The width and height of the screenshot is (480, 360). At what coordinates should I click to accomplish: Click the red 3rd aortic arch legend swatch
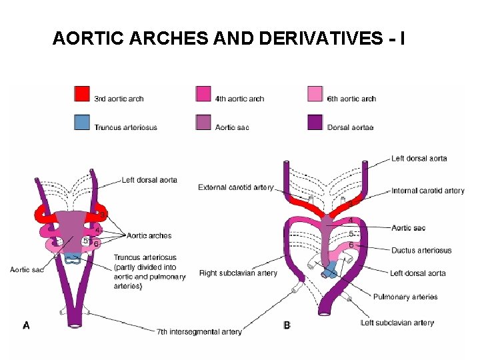83,94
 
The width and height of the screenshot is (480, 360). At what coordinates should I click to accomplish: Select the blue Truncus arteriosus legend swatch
83,123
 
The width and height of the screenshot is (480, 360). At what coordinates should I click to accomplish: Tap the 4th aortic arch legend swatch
204,94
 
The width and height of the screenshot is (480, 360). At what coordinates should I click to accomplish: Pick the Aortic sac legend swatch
204,123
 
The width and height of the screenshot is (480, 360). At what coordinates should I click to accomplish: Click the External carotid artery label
236,187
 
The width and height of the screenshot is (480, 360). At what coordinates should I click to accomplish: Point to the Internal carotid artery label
427,191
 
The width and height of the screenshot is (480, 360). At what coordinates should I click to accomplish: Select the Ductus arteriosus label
421,251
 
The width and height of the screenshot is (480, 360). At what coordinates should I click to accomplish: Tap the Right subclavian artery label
238,273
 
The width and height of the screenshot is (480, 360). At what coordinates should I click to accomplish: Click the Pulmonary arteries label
405,297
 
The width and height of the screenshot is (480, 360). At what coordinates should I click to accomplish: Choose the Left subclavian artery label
397,323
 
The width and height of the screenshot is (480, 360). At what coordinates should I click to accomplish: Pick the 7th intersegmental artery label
199,331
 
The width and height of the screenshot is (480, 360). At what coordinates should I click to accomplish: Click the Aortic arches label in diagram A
149,235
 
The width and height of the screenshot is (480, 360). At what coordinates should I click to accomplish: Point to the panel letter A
27,325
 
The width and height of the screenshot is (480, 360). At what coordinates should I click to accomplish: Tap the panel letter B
287,325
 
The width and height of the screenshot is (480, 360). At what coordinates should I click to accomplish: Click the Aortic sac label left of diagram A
27,269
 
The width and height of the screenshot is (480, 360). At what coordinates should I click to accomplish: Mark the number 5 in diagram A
85,241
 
